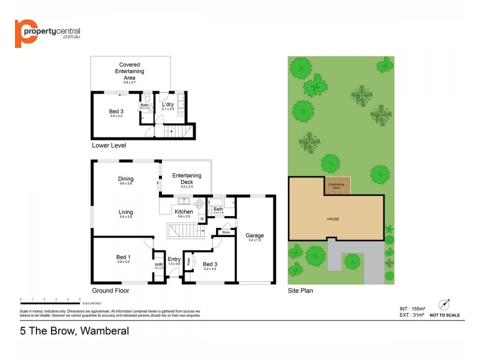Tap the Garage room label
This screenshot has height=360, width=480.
pos(254,236)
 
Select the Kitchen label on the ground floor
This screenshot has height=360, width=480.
pos(184,211)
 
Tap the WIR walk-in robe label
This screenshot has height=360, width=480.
pos(158,264)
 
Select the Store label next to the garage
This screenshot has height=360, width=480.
pos(226,232)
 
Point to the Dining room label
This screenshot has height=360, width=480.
pos(125,179)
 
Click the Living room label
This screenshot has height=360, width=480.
pos(125,212)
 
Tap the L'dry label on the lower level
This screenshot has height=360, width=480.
pos(168,105)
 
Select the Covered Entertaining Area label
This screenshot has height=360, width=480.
pos(130,71)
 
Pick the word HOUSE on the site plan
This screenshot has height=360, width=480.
pos(333,219)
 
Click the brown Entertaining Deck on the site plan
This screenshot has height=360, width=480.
pos(337,185)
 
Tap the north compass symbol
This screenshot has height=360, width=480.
pos(445,304)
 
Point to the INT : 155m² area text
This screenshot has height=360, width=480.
pos(412,308)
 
